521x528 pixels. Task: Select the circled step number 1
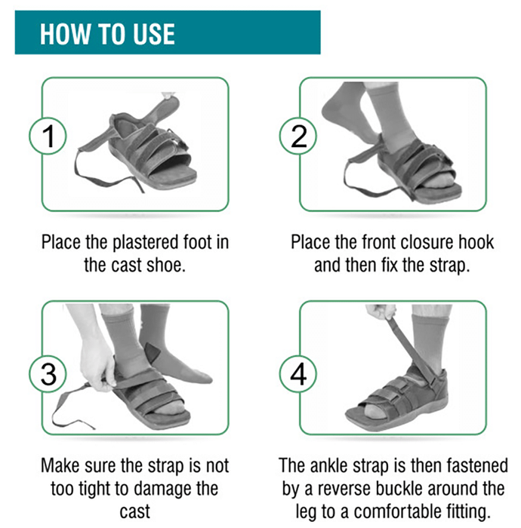(x=48, y=136)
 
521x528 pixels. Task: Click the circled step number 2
(x=298, y=136)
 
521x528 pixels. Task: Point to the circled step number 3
(x=48, y=374)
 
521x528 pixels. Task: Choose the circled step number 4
(x=298, y=374)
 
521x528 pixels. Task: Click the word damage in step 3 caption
(x=159, y=490)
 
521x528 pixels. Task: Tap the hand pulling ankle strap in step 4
(x=381, y=312)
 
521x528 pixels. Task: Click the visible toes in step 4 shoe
(x=375, y=410)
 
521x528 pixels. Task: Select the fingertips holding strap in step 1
(x=168, y=96)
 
